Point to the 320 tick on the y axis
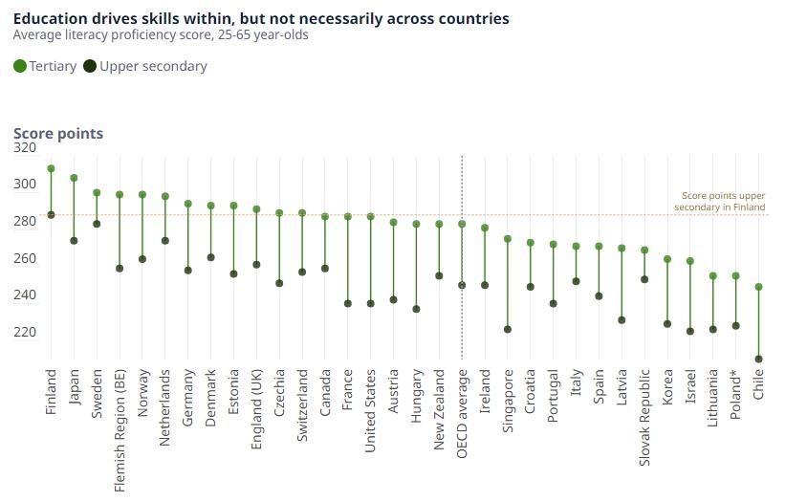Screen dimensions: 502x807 [24, 147]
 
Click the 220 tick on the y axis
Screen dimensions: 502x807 [24, 332]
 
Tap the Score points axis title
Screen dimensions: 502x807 [58, 134]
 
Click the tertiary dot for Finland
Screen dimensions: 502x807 [51, 168]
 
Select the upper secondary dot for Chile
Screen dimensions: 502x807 [758, 360]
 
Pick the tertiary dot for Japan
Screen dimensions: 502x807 [74, 178]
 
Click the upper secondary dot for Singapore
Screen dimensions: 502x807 [508, 330]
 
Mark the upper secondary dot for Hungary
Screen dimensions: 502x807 [416, 309]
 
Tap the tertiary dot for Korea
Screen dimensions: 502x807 [667, 259]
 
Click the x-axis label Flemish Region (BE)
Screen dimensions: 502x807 [120, 429]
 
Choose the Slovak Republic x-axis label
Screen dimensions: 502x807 [644, 418]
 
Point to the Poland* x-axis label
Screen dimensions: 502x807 [735, 397]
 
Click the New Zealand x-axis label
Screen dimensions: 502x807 [439, 409]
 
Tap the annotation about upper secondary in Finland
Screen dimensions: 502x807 [719, 201]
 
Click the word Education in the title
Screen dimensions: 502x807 [48, 18]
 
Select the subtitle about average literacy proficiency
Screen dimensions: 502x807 [161, 35]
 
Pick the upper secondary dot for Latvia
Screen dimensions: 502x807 [622, 320]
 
